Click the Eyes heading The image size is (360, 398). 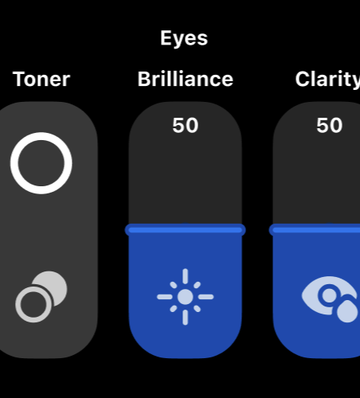tap(184, 39)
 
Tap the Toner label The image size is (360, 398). tap(41, 79)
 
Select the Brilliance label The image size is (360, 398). tap(186, 79)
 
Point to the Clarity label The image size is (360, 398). tap(327, 80)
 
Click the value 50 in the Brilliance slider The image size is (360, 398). tap(186, 125)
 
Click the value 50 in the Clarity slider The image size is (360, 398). tap(330, 125)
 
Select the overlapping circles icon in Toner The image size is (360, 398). tap(41, 297)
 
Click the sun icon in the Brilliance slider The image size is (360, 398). tap(186, 297)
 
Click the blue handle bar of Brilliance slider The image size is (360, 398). tap(186, 230)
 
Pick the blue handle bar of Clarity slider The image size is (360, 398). tap(315, 230)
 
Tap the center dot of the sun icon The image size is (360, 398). tap(186, 297)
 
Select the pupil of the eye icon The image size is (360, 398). tap(329, 295)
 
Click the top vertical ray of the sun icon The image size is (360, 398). tap(186, 276)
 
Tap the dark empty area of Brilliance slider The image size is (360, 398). tap(186, 181)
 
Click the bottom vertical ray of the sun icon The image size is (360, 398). tap(186, 318)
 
